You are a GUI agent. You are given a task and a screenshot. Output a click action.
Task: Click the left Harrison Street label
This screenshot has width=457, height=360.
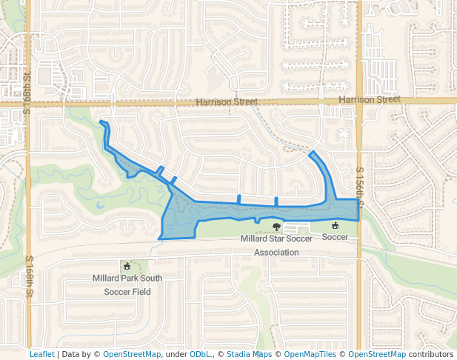click(x=227, y=101)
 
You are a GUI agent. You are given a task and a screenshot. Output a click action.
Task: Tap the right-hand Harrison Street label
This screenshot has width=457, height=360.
click(x=369, y=99)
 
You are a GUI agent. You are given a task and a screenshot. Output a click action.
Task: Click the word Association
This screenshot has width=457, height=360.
click(x=276, y=252)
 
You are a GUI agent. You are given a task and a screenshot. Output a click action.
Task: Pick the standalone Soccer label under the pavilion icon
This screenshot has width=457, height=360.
click(x=335, y=237)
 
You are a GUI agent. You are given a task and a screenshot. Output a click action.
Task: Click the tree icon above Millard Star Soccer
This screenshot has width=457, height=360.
click(x=276, y=227)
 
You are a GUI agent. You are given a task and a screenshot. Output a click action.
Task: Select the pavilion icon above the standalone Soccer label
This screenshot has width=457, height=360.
click(x=335, y=225)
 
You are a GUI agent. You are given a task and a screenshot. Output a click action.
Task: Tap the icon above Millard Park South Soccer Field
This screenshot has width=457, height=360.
click(x=127, y=266)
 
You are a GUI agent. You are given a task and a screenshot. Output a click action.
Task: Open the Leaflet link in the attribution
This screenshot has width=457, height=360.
click(x=41, y=354)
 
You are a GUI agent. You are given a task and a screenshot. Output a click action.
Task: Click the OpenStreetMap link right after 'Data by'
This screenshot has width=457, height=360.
click(x=132, y=354)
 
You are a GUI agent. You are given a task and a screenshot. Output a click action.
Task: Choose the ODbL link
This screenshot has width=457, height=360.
click(x=200, y=354)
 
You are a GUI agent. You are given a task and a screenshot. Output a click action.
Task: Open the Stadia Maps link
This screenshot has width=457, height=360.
click(x=249, y=354)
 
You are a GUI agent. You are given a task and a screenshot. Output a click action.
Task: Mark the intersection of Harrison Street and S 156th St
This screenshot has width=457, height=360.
click(x=359, y=100)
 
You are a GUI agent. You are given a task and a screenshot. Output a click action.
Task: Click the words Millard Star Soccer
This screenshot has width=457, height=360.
click(x=276, y=239)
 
